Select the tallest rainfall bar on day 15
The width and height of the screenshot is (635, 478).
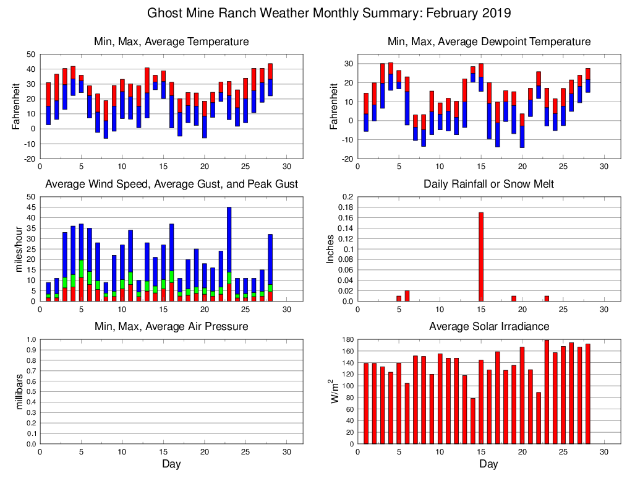pyautogui.click(x=480, y=256)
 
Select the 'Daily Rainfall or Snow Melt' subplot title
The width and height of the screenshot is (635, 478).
pyautogui.click(x=488, y=184)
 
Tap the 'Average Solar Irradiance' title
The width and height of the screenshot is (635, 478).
pyautogui.click(x=488, y=326)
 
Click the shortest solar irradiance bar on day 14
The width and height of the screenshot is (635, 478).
pyautogui.click(x=472, y=421)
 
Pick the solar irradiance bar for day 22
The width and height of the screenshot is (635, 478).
pyautogui.click(x=539, y=418)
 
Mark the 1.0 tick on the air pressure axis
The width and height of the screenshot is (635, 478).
pyautogui.click(x=30, y=339)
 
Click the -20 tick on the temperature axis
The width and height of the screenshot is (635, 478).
pyautogui.click(x=29, y=159)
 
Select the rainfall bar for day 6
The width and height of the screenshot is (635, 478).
pyautogui.click(x=407, y=296)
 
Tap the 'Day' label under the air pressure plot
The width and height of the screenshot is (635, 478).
pyautogui.click(x=171, y=464)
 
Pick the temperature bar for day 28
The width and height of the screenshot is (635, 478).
pyautogui.click(x=270, y=79)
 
